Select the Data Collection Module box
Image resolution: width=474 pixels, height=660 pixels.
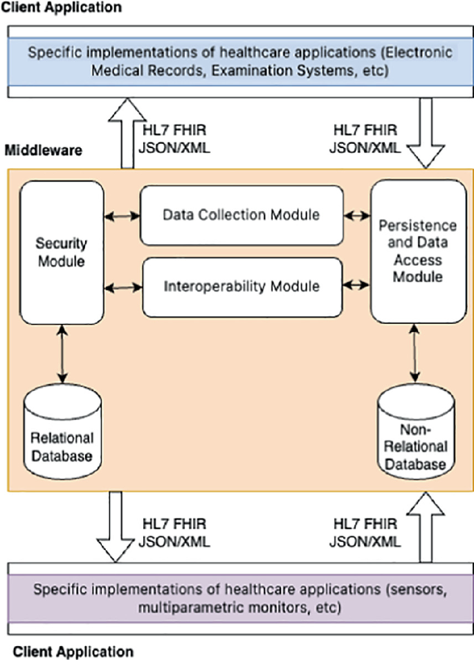pos(241,214)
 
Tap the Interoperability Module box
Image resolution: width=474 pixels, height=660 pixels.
pos(241,285)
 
